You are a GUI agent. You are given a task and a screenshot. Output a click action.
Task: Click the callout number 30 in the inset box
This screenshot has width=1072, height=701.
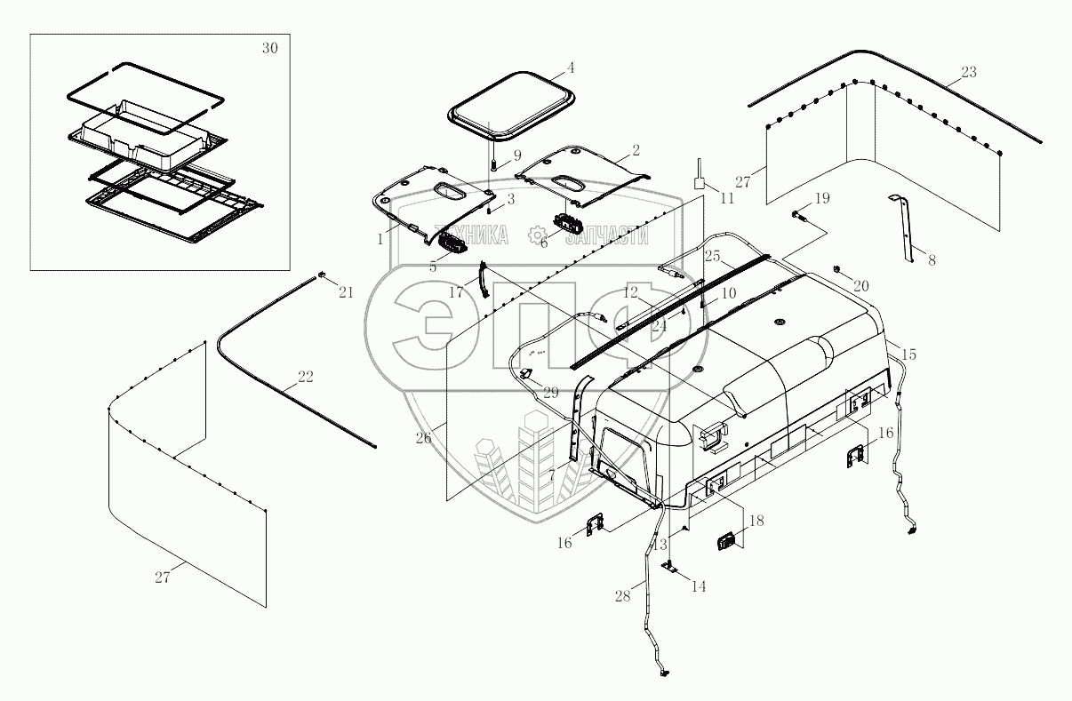click(x=269, y=48)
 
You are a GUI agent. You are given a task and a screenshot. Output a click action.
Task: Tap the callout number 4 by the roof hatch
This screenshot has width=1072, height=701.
click(x=571, y=68)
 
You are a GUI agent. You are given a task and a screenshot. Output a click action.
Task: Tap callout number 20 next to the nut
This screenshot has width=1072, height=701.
click(x=860, y=286)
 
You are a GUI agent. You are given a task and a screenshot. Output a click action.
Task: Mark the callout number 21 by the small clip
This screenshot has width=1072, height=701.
click(x=346, y=292)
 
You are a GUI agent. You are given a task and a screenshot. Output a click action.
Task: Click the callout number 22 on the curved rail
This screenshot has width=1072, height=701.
click(x=305, y=377)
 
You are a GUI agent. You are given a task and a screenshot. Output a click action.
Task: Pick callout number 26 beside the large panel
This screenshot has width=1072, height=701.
click(x=423, y=437)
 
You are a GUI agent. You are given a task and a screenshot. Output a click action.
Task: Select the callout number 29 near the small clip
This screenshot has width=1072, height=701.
click(x=550, y=392)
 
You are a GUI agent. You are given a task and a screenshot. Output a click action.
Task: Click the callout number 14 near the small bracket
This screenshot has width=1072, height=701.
click(x=699, y=587)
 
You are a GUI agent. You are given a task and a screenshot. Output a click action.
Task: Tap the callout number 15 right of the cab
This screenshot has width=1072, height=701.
click(x=908, y=354)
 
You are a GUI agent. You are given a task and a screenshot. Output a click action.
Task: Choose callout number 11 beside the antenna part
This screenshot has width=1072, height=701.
click(x=727, y=198)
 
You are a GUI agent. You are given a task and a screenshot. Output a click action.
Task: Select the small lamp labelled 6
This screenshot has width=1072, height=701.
click(x=568, y=223)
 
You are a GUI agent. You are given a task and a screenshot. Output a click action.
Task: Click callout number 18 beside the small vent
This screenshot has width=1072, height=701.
click(x=756, y=522)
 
